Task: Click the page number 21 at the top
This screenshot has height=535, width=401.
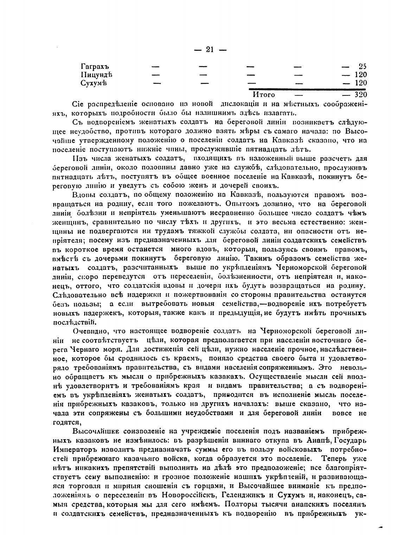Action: click(x=210, y=50)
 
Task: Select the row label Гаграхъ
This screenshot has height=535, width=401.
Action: click(x=95, y=67)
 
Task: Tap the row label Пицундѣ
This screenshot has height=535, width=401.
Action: click(x=96, y=75)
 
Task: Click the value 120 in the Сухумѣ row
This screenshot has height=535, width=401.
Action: click(x=361, y=83)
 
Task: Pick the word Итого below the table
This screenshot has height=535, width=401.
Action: click(x=264, y=95)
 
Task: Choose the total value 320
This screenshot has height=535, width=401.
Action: click(x=361, y=95)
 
